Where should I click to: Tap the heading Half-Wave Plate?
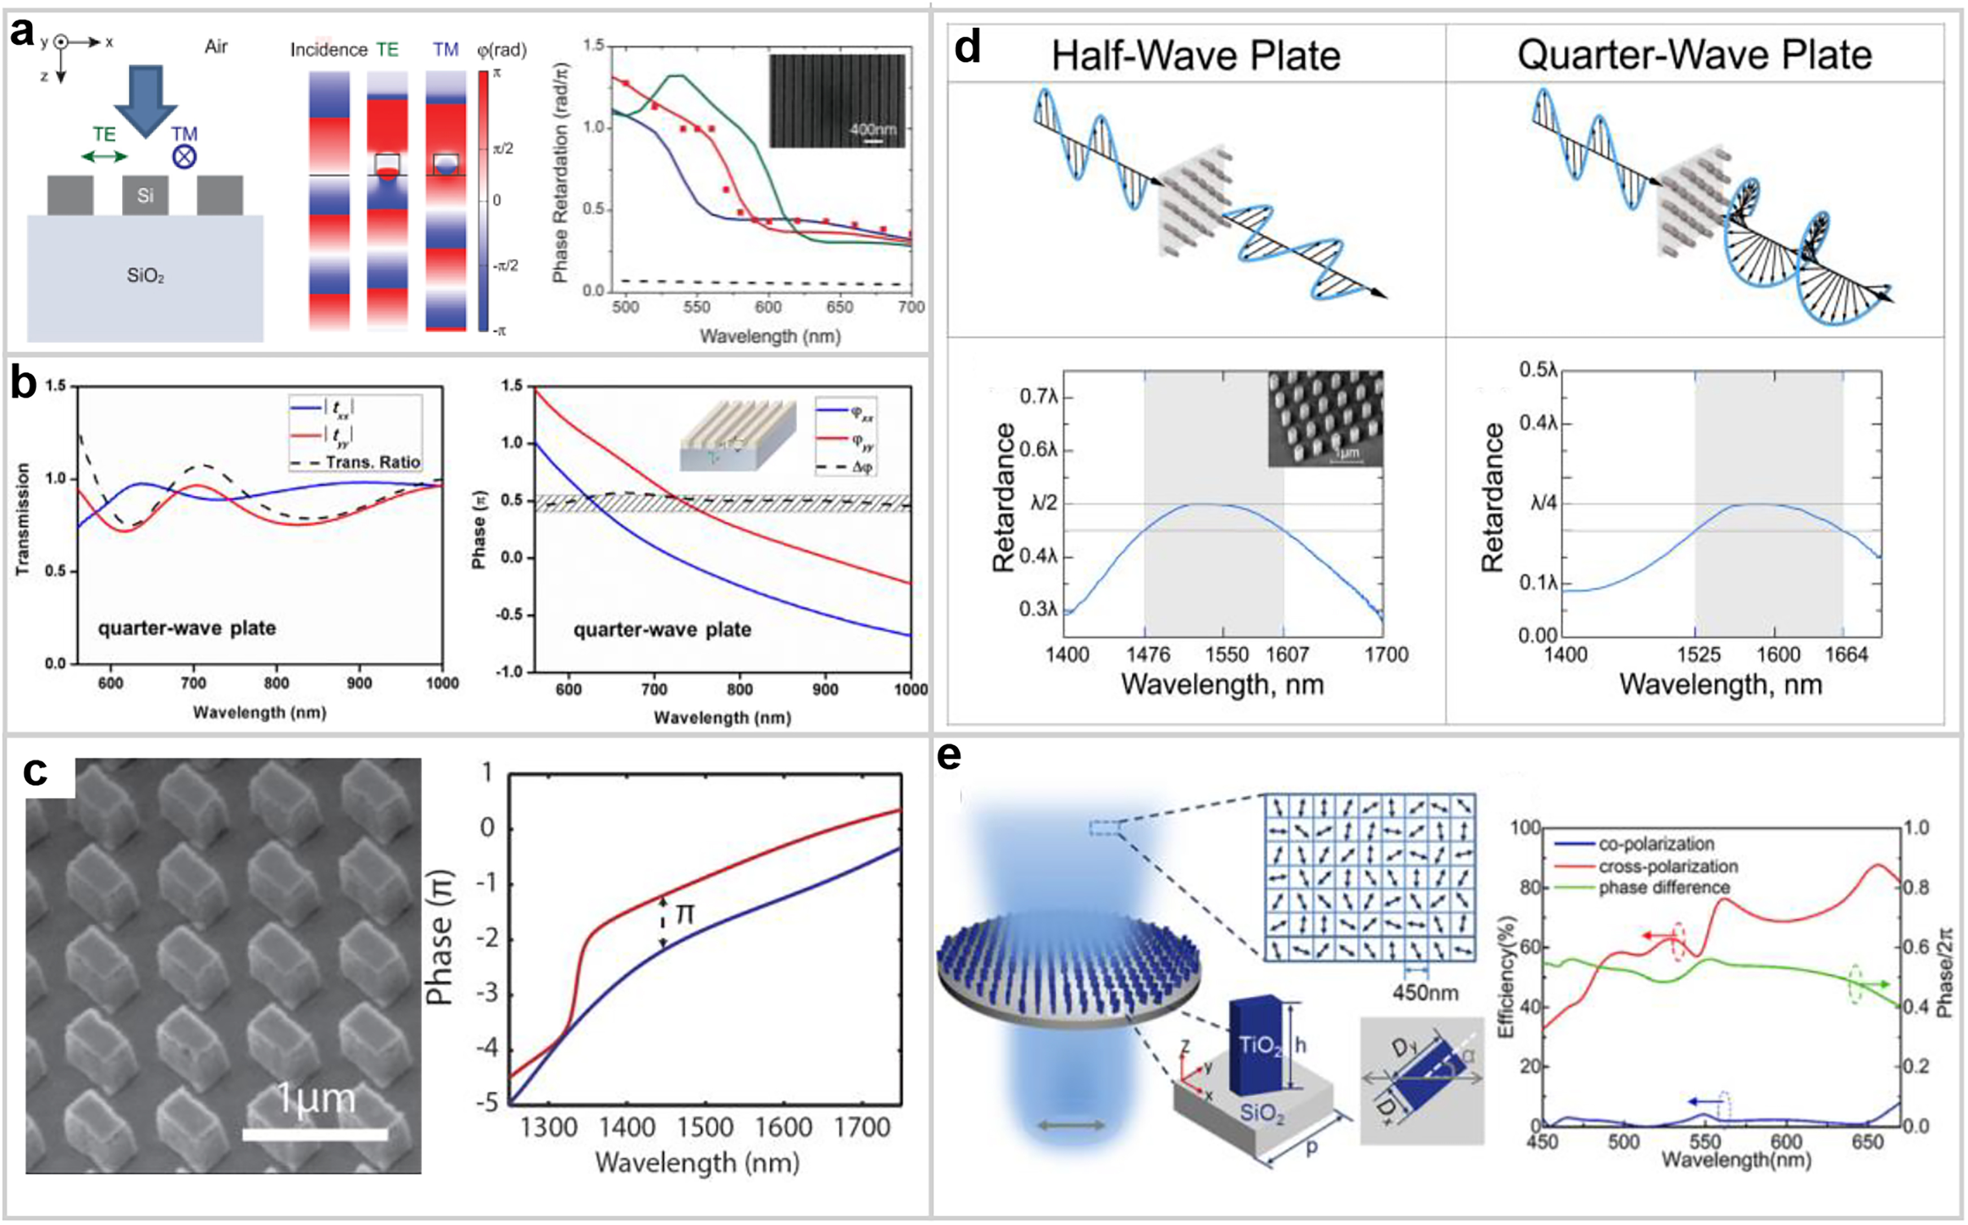point(1195,56)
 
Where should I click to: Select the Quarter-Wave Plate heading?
point(1694,55)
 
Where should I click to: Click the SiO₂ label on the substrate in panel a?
point(145,275)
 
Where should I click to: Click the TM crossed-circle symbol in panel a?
point(185,156)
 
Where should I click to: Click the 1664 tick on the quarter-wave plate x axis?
point(1847,655)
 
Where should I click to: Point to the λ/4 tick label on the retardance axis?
point(1543,503)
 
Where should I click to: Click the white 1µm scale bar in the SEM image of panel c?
point(315,1134)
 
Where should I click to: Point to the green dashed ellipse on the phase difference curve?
point(1856,985)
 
